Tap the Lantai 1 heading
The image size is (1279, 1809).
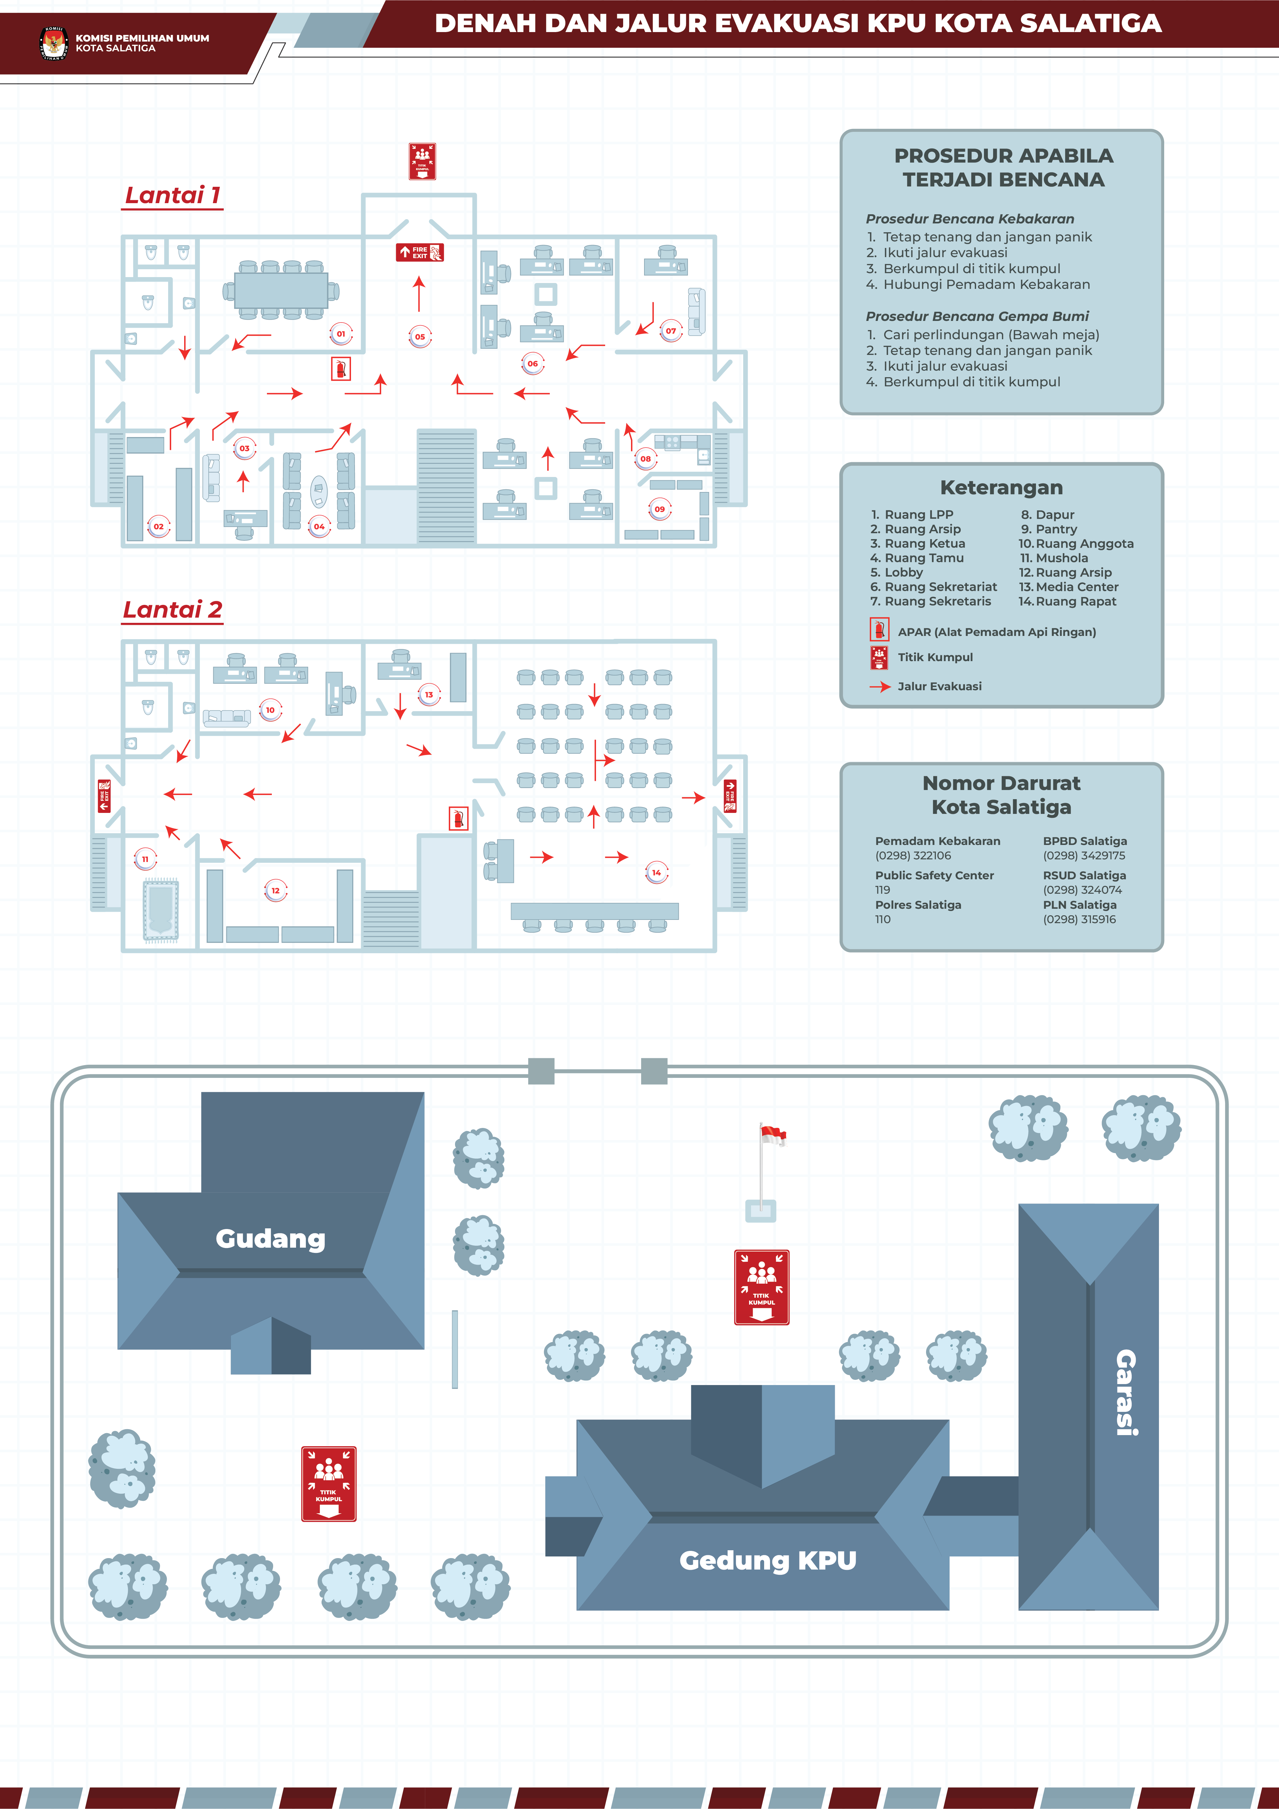173,195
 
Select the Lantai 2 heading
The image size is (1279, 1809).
173,610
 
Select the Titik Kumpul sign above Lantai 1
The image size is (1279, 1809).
422,162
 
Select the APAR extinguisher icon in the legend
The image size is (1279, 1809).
879,630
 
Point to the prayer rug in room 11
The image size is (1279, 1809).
161,910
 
